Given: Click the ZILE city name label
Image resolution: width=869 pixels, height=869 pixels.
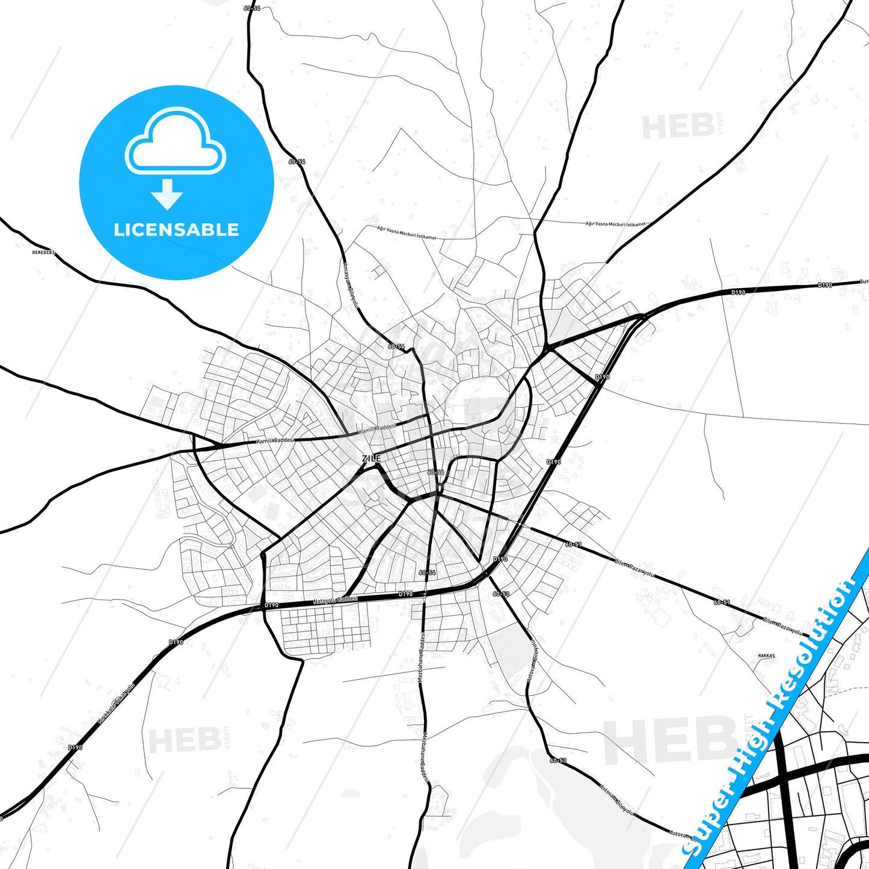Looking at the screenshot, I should pyautogui.click(x=371, y=458).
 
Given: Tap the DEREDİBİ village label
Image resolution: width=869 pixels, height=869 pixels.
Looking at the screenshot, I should pyautogui.click(x=43, y=253).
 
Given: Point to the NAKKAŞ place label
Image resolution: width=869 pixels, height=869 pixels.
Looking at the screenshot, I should pyautogui.click(x=766, y=656).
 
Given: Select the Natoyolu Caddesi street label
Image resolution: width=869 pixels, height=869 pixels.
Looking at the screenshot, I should pyautogui.click(x=335, y=600).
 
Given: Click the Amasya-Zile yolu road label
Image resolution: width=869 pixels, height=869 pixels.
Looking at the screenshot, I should pyautogui.click(x=349, y=284).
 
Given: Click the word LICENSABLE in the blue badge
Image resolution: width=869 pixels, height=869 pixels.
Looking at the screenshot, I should pyautogui.click(x=176, y=230).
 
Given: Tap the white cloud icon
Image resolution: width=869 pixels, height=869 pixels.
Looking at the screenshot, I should pyautogui.click(x=175, y=141).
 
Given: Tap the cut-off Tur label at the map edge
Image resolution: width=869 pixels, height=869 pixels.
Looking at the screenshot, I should pyautogui.click(x=864, y=281).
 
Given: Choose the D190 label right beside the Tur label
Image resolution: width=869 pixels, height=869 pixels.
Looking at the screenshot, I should pyautogui.click(x=824, y=285).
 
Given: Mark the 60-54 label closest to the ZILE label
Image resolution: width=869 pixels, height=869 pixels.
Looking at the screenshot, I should pyautogui.click(x=435, y=473).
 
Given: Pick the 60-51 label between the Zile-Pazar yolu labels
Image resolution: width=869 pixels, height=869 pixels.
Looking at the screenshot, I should pyautogui.click(x=722, y=602).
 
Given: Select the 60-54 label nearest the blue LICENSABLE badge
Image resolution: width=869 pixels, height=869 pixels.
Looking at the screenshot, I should pyautogui.click(x=296, y=162).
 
